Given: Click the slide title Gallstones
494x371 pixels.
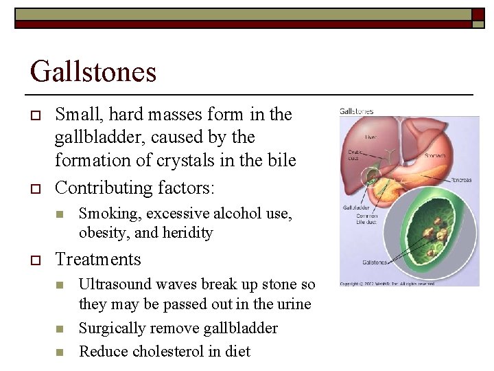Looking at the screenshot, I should point(93,71).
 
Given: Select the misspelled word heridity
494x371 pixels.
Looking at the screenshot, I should point(188,233).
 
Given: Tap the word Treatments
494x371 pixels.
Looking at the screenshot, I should point(97,259).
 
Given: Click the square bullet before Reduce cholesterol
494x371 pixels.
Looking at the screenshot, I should point(60,352).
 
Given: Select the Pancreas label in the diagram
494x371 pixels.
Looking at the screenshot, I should point(461,180).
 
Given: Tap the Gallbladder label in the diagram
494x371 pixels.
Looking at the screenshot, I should point(356,206).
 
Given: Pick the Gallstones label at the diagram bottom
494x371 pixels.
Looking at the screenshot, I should point(357,262).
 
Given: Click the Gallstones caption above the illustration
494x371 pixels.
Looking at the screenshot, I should point(357,111).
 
